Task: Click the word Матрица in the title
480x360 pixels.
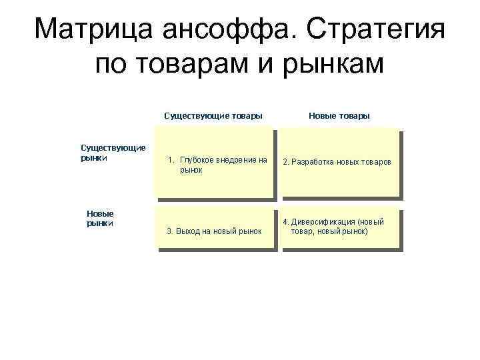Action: pyautogui.click(x=93, y=30)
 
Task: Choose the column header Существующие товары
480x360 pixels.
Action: pyautogui.click(x=213, y=116)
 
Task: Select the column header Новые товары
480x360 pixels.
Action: pyautogui.click(x=339, y=116)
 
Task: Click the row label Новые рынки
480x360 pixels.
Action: pyautogui.click(x=101, y=218)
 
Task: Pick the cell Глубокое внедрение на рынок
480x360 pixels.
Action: pyautogui.click(x=215, y=165)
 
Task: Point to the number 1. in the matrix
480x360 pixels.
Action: pyautogui.click(x=171, y=160)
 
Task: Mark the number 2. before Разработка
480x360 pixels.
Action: pyautogui.click(x=286, y=163)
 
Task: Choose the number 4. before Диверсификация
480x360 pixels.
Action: pyautogui.click(x=285, y=221)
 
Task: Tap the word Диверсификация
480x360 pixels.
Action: pyautogui.click(x=323, y=221)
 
